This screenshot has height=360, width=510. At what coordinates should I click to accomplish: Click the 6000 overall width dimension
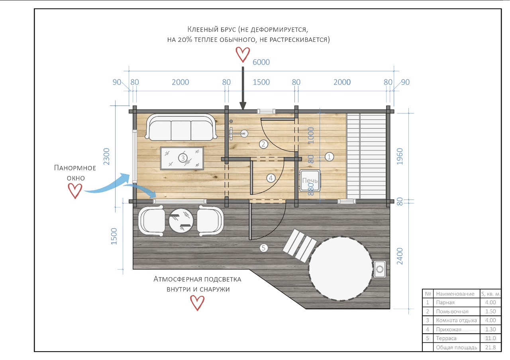tap(261, 62)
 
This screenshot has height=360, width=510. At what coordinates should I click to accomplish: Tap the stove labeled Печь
tap(310, 180)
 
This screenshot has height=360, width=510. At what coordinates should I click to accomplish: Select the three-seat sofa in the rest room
tap(181, 127)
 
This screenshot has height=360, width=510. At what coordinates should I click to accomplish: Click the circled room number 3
tap(182, 158)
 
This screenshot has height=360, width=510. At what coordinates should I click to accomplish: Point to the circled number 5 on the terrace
tap(263, 248)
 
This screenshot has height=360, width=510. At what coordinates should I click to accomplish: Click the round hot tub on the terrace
tap(341, 269)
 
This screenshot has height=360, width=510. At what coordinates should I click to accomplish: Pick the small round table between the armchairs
tap(181, 221)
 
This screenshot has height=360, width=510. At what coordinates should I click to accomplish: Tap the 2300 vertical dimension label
tap(106, 157)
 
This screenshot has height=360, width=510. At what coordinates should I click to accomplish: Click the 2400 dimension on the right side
tap(400, 256)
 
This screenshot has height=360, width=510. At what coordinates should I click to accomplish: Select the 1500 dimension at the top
tap(261, 82)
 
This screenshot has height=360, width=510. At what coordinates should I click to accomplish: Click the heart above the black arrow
tap(243, 55)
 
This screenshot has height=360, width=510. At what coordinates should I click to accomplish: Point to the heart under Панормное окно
tap(75, 191)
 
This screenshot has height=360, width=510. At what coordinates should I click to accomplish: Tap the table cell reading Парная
tap(445, 302)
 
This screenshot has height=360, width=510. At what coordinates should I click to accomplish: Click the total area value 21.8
tap(490, 347)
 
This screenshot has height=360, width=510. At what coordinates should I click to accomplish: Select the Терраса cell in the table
tap(446, 338)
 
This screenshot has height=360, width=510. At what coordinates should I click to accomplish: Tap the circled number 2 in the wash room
tap(263, 144)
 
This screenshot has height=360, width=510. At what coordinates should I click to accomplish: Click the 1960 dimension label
tap(400, 157)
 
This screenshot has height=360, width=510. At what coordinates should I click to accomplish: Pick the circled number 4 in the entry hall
tap(271, 178)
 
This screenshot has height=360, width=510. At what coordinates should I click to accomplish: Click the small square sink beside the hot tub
tap(380, 269)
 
